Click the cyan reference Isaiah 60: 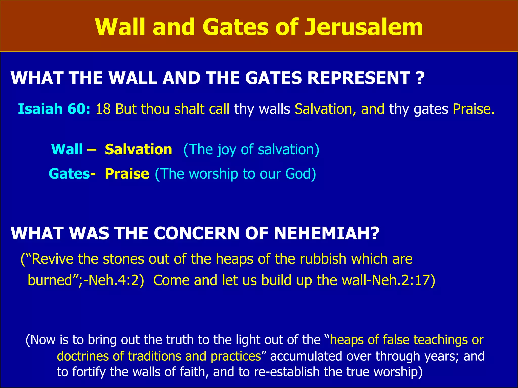point(54,109)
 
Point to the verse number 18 point(103,109)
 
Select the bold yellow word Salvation point(138,149)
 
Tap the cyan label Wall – point(74,149)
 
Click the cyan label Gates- point(72,174)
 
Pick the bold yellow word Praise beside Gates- point(127,174)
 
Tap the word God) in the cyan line point(300,174)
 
